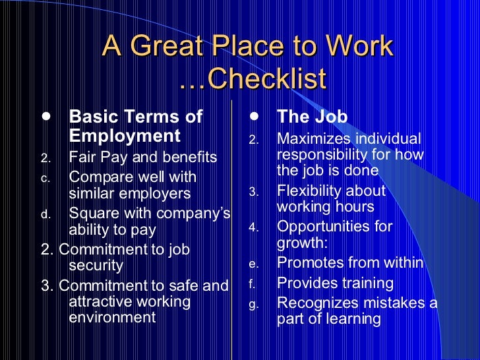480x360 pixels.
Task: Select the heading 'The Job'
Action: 312,117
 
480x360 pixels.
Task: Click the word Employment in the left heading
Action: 124,136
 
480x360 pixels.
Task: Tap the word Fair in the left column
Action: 82,158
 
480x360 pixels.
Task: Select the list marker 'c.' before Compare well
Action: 45,178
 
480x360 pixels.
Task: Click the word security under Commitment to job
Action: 96,266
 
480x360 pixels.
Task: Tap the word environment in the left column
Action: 112,317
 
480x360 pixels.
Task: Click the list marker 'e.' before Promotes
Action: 254,264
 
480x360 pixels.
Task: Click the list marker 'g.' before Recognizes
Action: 254,305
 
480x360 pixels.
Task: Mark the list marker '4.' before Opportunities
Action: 255,227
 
